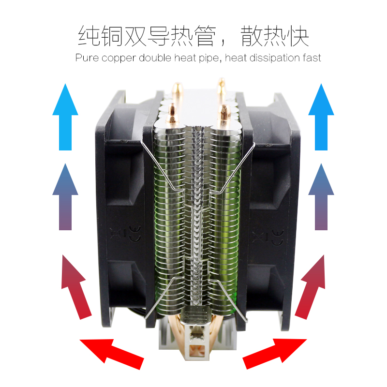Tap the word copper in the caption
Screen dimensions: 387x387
tap(119, 59)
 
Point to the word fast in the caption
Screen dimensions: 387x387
tap(312, 58)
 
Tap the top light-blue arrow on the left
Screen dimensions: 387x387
tap(65, 117)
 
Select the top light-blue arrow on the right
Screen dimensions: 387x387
tap(321, 117)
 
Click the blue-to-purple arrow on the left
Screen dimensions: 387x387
tap(65, 197)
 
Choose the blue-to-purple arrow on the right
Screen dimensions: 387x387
tap(321, 197)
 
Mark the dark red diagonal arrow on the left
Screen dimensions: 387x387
tap(75, 286)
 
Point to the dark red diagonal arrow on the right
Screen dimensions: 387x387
tap(312, 286)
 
